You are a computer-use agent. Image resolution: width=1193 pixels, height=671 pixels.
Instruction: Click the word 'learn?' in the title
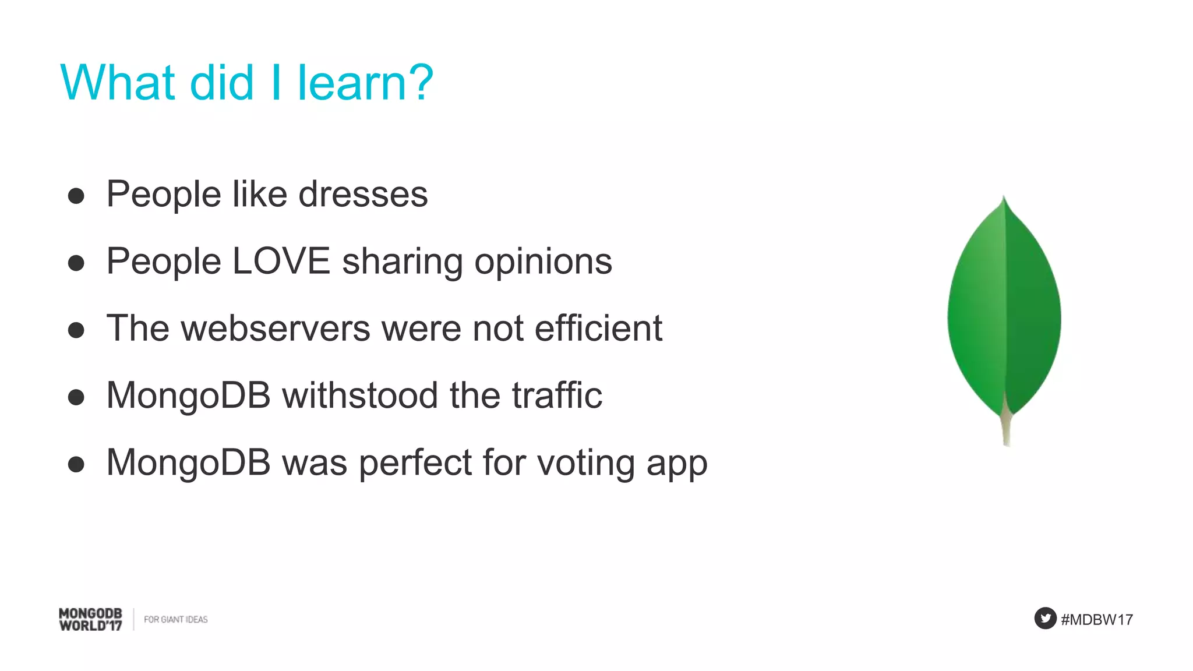point(365,83)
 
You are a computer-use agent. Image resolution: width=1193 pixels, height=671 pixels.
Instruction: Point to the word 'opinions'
point(543,262)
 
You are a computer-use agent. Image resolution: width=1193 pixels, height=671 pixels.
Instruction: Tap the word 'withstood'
point(360,395)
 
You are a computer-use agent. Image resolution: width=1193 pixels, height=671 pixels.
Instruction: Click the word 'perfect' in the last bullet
point(415,463)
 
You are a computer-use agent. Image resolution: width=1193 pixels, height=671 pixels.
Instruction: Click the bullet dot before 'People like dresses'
point(76,196)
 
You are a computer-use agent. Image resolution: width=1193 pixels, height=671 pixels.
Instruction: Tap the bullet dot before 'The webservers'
point(76,330)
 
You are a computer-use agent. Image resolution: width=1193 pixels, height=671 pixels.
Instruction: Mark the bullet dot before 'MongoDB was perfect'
point(76,465)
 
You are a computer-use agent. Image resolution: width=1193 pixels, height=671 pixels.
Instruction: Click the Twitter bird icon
point(1045,618)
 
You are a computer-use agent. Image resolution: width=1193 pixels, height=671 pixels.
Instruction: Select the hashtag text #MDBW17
point(1097,620)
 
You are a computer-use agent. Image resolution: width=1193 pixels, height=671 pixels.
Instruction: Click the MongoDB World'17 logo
point(91,619)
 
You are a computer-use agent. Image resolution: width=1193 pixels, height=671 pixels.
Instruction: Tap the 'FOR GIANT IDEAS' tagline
point(175,620)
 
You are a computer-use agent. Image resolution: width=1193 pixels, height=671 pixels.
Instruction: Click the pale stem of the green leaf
point(1006,428)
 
